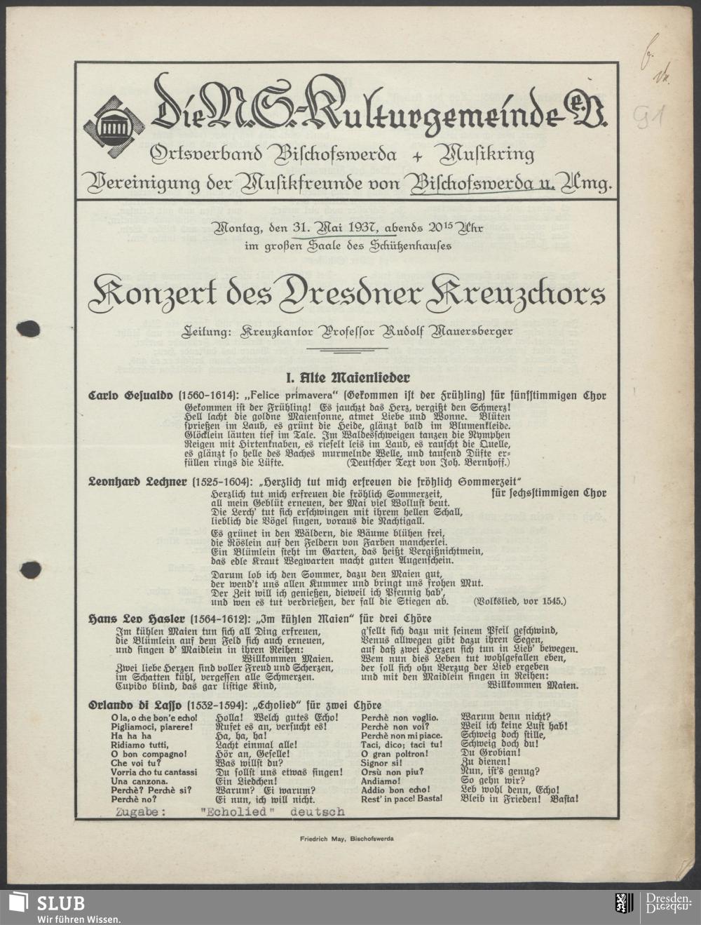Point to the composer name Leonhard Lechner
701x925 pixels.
pos(137,482)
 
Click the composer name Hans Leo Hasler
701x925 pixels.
pos(136,619)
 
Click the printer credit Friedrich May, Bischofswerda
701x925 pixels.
pos(346,838)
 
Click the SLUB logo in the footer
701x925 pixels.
pos(49,906)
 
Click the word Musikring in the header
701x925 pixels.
pos(484,154)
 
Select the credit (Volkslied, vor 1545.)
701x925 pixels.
pos(519,601)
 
